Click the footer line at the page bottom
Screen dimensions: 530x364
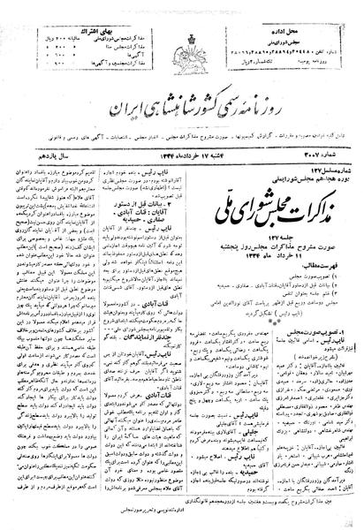[x=181, y=521]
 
